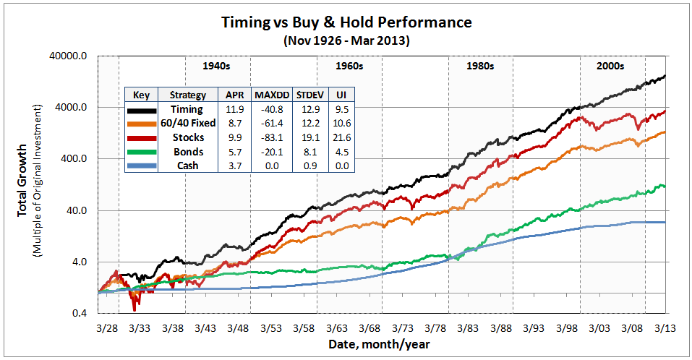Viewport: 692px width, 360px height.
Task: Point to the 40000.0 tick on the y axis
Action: (x=72, y=56)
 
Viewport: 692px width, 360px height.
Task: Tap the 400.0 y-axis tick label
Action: (x=77, y=159)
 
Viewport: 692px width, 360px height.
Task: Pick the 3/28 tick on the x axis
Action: (x=107, y=327)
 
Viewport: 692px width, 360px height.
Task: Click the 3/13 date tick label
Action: (x=665, y=327)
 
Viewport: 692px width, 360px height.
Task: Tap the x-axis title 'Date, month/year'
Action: (x=379, y=344)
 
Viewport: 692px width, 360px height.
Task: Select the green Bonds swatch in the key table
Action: (x=141, y=152)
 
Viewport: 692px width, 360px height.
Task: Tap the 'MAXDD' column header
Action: (x=271, y=95)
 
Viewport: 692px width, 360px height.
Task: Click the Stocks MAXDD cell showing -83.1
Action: (x=271, y=138)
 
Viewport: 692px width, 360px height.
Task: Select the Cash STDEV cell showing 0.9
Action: (x=309, y=166)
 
